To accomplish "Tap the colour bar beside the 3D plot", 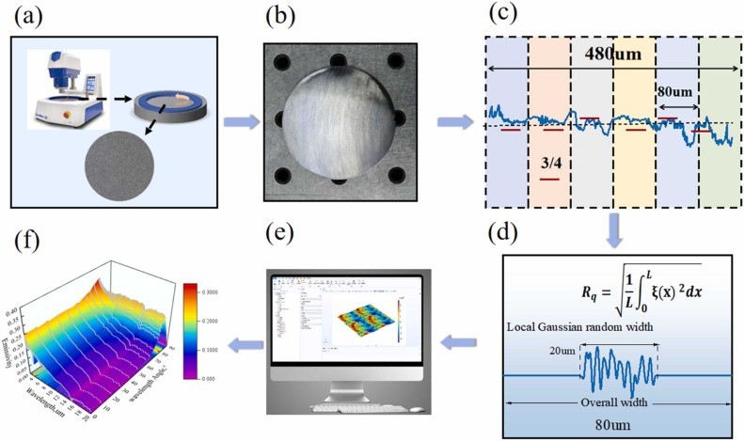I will [x=190, y=319].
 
